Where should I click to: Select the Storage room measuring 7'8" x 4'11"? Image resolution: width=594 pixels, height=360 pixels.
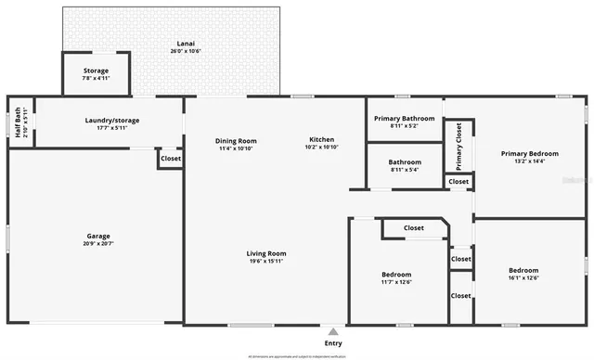pyautogui.click(x=96, y=74)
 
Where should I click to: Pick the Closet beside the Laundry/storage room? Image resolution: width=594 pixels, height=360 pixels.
pyautogui.click(x=171, y=159)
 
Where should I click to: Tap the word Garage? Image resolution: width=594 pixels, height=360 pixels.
pyautogui.click(x=98, y=236)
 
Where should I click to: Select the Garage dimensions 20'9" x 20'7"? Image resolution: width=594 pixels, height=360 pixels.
pyautogui.click(x=98, y=244)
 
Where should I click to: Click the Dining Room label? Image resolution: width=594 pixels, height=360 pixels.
pyautogui.click(x=238, y=140)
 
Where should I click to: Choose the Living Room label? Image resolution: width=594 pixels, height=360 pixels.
pyautogui.click(x=266, y=253)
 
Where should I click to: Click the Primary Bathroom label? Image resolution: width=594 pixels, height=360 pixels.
pyautogui.click(x=404, y=119)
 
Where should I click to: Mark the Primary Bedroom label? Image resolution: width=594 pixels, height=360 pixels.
pyautogui.click(x=530, y=153)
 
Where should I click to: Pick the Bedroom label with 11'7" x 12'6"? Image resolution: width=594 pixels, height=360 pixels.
pyautogui.click(x=396, y=275)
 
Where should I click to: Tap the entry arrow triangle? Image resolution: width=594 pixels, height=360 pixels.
pyautogui.click(x=332, y=330)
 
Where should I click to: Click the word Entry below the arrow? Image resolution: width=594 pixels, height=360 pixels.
pyautogui.click(x=332, y=342)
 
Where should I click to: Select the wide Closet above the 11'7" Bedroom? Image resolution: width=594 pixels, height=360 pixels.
pyautogui.click(x=413, y=227)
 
